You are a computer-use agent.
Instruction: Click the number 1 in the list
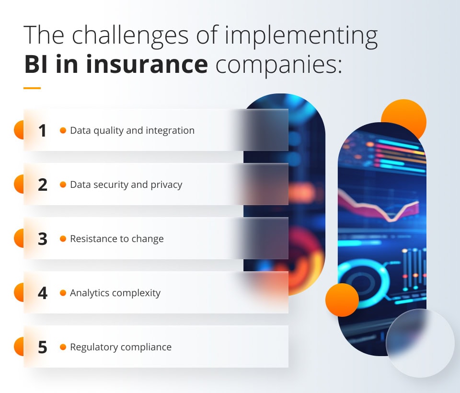pyautogui.click(x=43, y=130)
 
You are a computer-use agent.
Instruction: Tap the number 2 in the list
pyautogui.click(x=43, y=185)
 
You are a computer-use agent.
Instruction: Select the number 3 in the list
pyautogui.click(x=43, y=239)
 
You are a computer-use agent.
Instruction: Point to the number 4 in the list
pyautogui.click(x=43, y=293)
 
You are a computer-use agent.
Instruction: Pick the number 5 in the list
pyautogui.click(x=43, y=347)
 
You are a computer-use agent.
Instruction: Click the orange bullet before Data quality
pyautogui.click(x=63, y=130)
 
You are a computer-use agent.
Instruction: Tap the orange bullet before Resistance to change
pyautogui.click(x=63, y=239)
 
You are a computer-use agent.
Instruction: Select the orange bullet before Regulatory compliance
pyautogui.click(x=63, y=347)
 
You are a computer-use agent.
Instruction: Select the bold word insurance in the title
pyautogui.click(x=147, y=64)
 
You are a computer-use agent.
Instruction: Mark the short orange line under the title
pyautogui.click(x=32, y=88)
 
